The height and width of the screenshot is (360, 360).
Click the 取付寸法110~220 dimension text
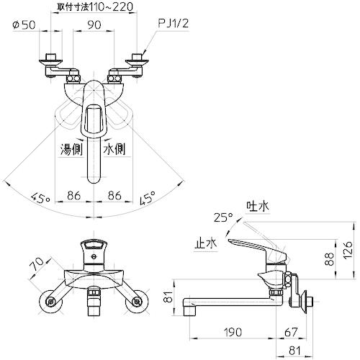coord(94,6)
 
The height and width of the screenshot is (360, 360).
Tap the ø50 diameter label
coord(24,25)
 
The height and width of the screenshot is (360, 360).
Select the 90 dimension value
coord(94,25)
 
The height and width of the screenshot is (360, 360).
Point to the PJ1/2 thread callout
coord(174,24)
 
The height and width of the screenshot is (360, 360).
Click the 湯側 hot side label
coord(71,150)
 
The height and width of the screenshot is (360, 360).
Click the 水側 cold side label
coord(114,150)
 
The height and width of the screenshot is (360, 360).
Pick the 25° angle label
coord(223,217)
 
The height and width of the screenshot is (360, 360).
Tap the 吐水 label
coord(258,206)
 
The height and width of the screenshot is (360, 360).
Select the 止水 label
coord(205,244)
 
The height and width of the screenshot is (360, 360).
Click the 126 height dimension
coord(348,250)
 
